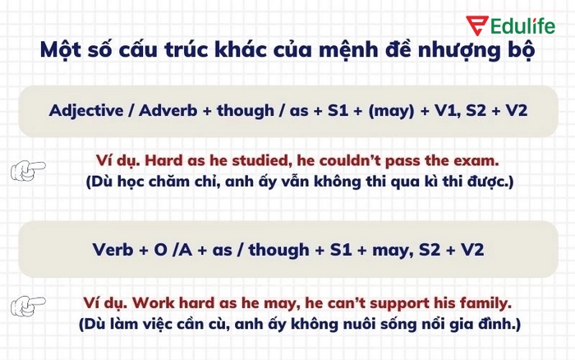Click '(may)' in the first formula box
pos(390,110)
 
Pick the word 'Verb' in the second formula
pos(112,250)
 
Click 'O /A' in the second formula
pos(172,250)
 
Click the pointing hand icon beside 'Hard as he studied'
pos(28,170)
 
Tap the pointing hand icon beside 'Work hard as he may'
pos(28,307)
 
